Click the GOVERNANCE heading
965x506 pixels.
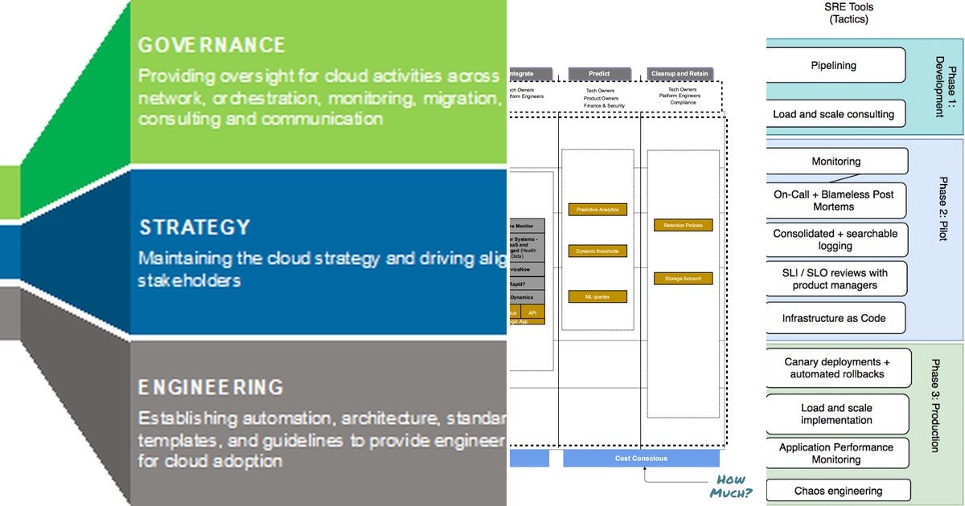211,44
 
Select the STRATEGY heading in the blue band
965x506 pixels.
195,227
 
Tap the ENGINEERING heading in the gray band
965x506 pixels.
211,387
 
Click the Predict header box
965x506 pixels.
600,74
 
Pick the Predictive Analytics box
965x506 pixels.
597,210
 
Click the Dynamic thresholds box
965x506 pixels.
597,251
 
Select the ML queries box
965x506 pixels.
597,296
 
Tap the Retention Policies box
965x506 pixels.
683,226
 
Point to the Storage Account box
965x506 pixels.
683,279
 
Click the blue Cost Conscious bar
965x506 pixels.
641,459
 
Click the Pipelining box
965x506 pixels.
833,66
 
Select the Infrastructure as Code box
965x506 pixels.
834,318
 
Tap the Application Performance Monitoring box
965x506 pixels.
836,454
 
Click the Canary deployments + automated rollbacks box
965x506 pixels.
837,368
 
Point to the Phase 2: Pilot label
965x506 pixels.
943,209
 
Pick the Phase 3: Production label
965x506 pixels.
935,405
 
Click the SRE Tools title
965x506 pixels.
848,13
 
